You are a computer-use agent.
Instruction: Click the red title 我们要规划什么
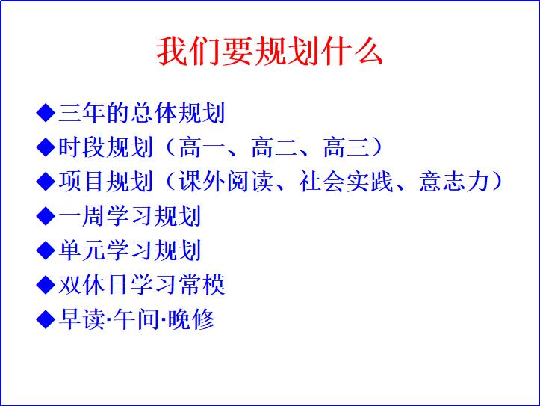pos(270,51)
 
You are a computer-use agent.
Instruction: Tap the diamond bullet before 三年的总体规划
pos(46,113)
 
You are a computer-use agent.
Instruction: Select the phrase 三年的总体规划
pos(141,113)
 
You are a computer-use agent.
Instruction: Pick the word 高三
pos(346,147)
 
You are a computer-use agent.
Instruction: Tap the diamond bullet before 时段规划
pos(46,147)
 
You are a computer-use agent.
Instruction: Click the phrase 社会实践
pos(347,182)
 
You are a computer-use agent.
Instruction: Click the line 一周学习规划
pos(129,216)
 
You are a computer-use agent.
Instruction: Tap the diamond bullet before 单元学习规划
pos(46,250)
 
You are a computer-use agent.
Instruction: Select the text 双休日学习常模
pos(141,285)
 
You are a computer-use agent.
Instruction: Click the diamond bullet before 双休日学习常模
pos(46,285)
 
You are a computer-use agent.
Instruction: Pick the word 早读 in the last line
pos(81,319)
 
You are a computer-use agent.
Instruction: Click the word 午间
pos(135,319)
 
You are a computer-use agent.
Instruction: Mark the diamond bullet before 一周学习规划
pos(46,216)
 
